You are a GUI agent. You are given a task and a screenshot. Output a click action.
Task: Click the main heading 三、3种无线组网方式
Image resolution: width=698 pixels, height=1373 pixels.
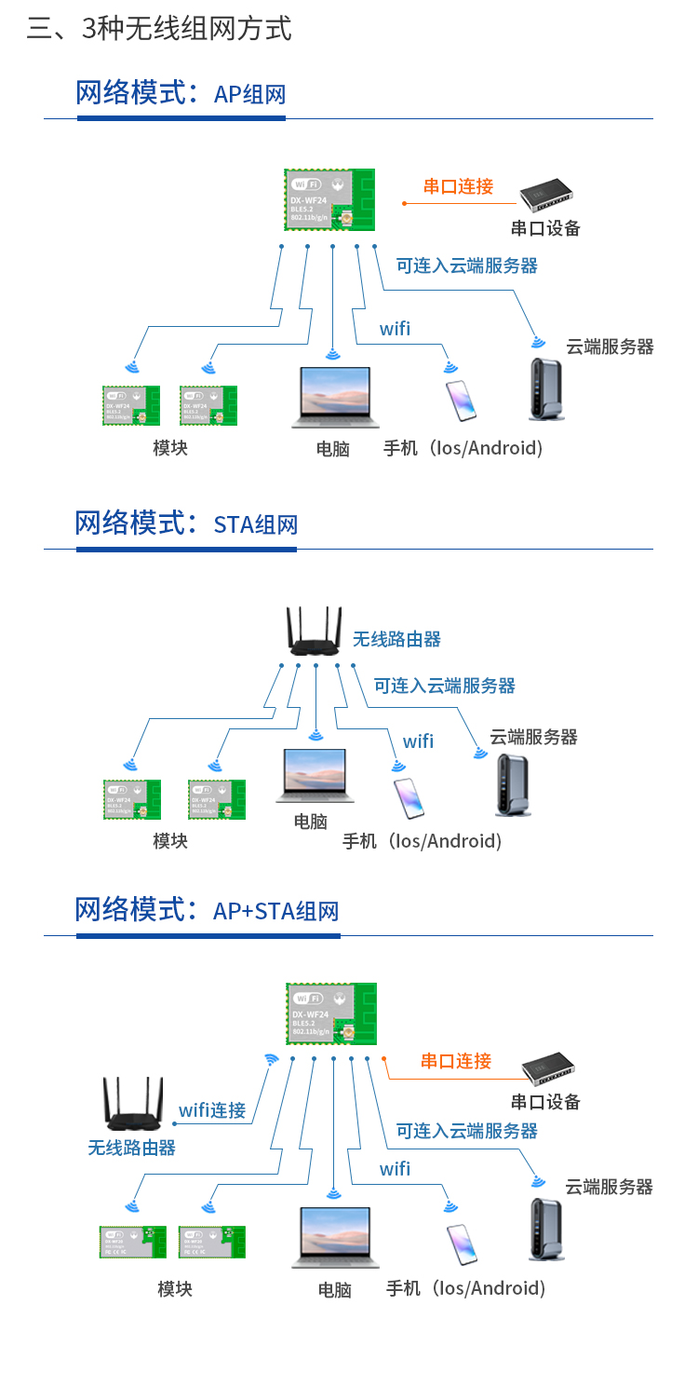tap(159, 29)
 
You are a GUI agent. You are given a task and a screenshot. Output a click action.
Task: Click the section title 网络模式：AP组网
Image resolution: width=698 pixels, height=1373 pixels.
tap(181, 93)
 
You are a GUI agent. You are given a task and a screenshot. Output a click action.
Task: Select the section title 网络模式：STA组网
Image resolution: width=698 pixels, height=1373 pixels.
tap(186, 523)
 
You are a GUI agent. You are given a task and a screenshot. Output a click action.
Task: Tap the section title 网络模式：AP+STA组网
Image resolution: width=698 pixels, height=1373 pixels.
tap(207, 910)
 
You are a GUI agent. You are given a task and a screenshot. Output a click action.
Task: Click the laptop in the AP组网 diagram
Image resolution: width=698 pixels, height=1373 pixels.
tap(334, 397)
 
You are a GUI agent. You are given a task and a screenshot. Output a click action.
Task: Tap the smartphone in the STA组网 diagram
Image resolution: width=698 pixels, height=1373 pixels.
tap(409, 798)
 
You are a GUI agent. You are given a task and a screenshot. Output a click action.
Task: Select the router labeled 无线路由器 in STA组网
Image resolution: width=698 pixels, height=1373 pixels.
tap(315, 632)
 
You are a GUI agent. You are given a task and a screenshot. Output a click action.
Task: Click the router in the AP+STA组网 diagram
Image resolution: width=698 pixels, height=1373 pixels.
tap(133, 1106)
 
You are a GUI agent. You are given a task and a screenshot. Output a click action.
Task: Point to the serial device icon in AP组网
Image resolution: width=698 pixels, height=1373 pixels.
tap(549, 195)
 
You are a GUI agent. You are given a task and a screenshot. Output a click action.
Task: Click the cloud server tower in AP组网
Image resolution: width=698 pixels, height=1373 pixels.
tap(546, 390)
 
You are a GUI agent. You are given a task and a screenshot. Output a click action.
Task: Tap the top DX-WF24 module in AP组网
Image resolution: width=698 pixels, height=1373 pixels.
tap(329, 199)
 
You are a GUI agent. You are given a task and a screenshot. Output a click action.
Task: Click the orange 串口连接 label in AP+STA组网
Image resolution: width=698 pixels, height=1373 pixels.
tap(456, 1061)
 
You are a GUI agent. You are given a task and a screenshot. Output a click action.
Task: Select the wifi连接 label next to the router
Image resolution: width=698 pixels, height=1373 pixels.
tap(212, 1110)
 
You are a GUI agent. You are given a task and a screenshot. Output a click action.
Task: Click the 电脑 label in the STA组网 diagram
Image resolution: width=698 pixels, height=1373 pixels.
tap(311, 822)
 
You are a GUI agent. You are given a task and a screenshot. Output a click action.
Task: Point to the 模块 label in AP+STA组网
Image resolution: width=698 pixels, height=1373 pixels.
tap(175, 1289)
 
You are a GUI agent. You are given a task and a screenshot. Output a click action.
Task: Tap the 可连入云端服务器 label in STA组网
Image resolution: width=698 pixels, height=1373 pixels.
tap(445, 686)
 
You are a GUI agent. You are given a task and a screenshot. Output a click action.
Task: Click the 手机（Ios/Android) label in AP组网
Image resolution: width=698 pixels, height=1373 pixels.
tap(463, 448)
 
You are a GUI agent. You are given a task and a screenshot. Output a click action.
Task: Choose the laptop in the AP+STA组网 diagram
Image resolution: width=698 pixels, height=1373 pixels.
tap(334, 1238)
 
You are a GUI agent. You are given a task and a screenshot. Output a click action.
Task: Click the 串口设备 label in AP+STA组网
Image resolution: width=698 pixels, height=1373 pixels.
tap(545, 1102)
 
